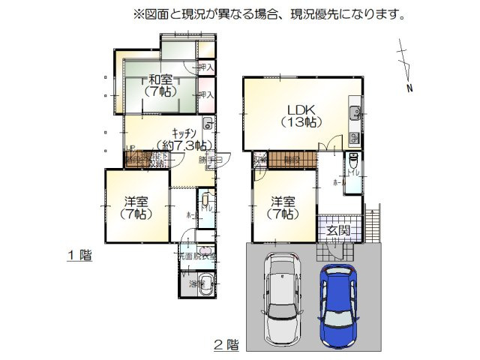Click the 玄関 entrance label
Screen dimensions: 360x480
pos(338,230)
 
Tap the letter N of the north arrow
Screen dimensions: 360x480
pos(409,89)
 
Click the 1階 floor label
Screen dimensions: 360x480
pos(80,256)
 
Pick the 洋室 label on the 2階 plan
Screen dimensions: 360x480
pos(283,208)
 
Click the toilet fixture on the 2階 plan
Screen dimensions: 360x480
pos(352,164)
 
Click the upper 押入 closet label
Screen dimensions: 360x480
pos(207,67)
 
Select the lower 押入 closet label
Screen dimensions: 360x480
pos(207,95)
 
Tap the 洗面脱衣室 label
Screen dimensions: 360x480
pos(196,256)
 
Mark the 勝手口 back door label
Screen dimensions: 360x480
pos(208,159)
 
